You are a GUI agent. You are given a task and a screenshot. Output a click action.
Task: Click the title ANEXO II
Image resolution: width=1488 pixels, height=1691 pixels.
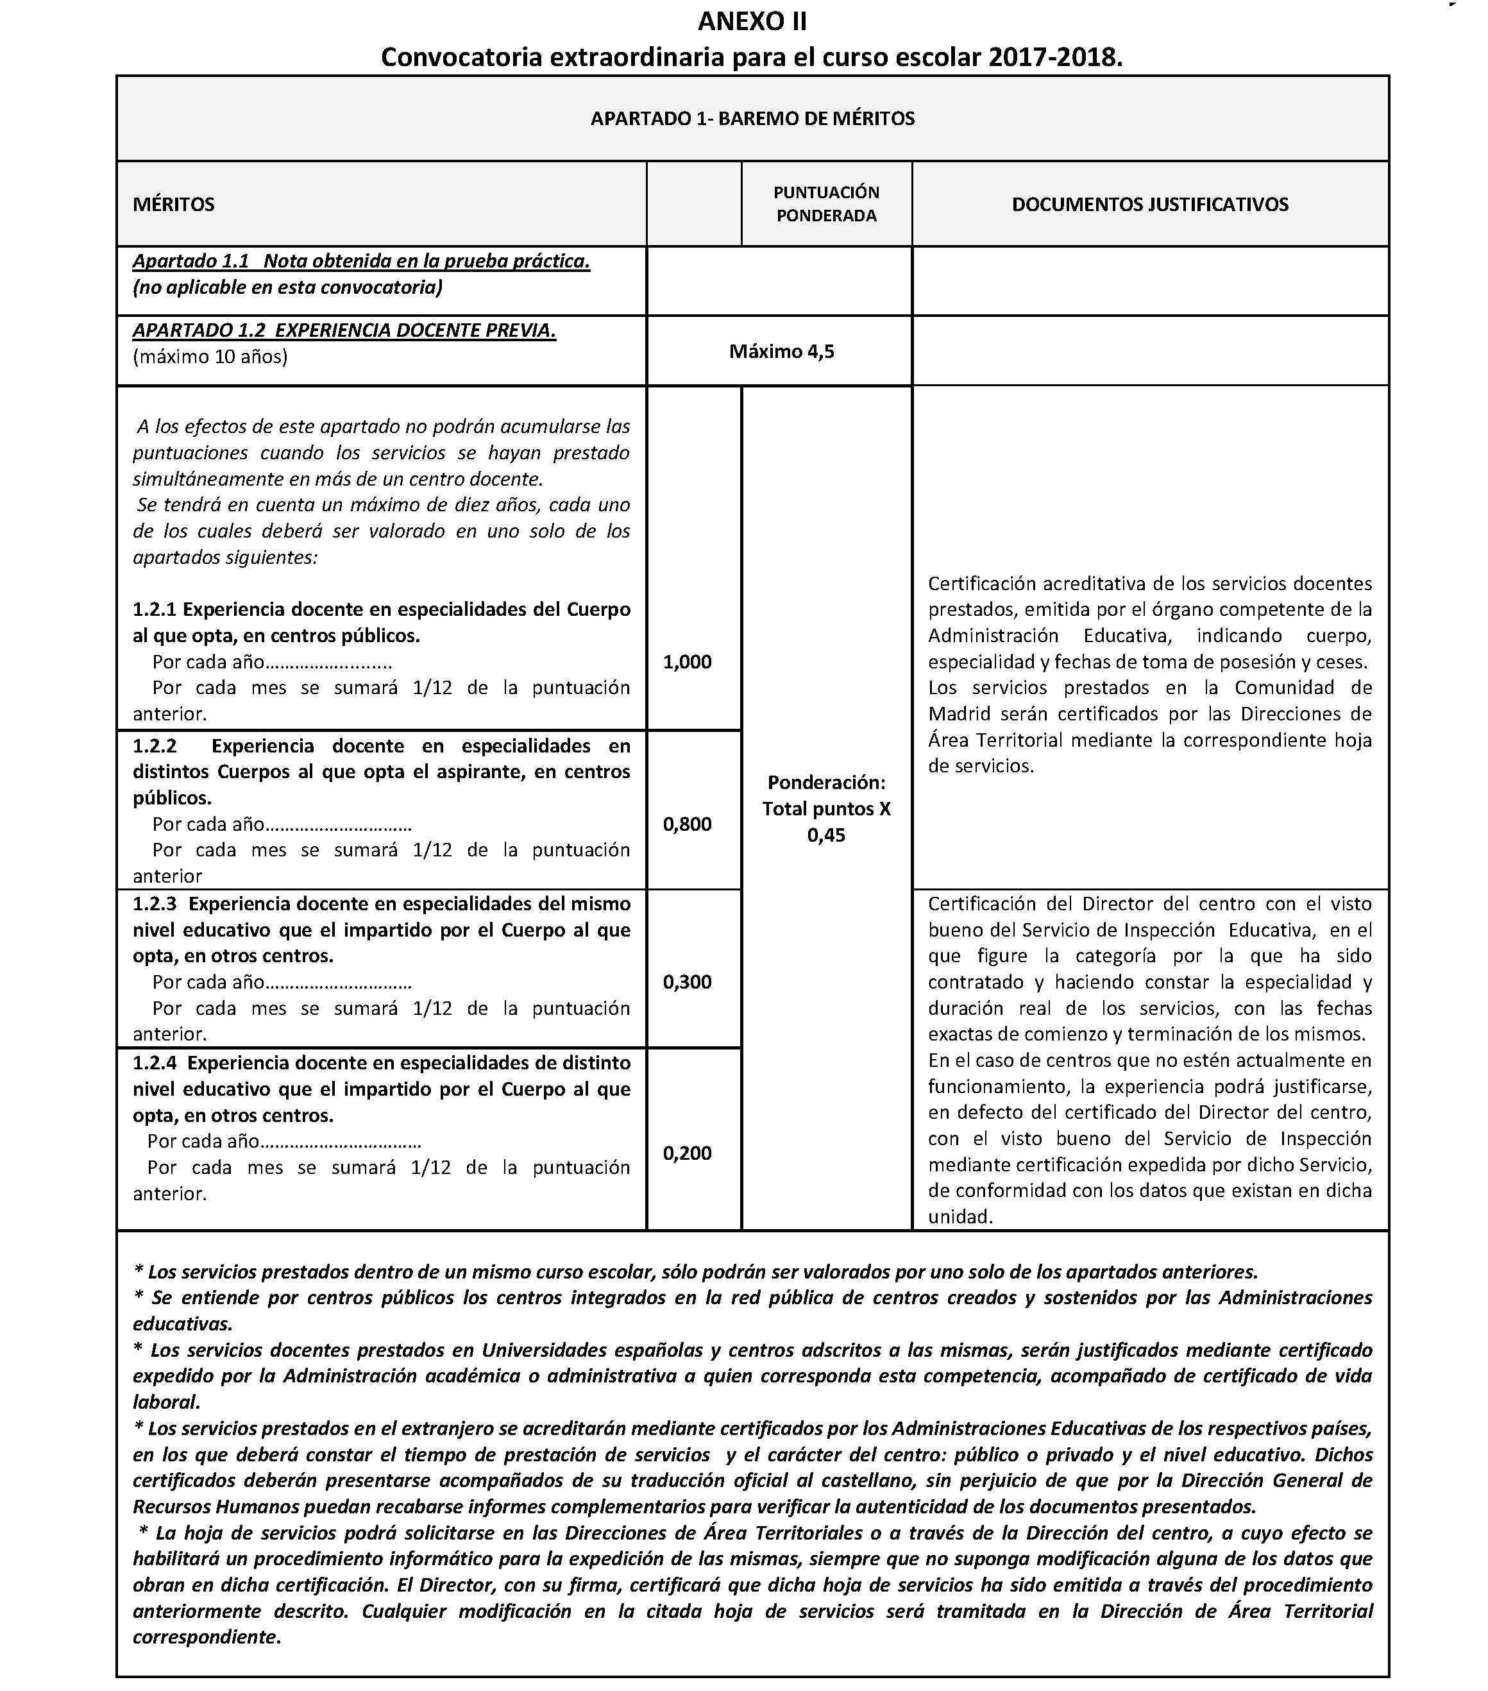752,21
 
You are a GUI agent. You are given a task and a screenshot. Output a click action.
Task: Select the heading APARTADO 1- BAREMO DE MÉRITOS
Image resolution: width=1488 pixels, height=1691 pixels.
752,118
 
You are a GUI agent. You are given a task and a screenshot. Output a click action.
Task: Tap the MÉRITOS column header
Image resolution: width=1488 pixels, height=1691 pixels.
174,205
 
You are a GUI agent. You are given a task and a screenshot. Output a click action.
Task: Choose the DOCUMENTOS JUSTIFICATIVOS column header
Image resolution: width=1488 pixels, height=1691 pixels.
1150,205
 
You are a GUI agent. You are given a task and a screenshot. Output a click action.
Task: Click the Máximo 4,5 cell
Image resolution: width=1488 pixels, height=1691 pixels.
781,352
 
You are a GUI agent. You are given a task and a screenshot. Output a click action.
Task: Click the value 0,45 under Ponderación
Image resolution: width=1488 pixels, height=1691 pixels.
825,836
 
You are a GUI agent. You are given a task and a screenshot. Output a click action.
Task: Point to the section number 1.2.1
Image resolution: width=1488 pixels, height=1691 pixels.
155,609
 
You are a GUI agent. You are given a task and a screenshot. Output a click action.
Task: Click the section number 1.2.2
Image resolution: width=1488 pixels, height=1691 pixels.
155,746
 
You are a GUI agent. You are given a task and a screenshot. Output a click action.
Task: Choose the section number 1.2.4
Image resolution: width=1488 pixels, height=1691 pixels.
155,1063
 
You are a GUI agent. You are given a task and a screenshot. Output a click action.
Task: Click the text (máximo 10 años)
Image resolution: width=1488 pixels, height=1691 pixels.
210,357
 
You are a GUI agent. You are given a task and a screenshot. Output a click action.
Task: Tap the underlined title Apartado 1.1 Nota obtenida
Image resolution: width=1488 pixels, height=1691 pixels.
360,262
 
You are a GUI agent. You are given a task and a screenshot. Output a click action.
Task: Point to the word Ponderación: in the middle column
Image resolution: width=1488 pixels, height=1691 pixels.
825,783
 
